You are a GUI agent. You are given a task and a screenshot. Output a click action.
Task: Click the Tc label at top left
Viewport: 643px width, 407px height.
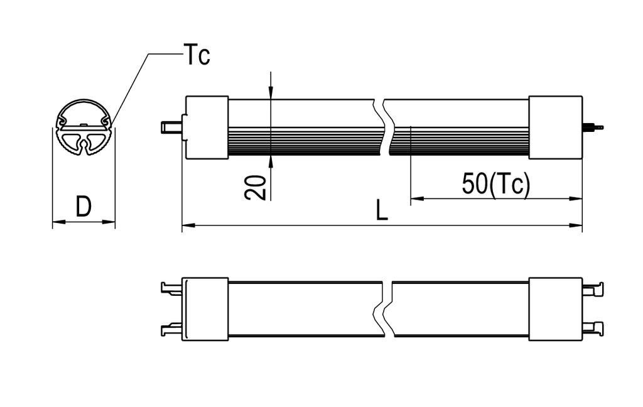pos(197,55)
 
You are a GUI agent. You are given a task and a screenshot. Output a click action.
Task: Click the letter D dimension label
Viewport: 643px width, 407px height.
pos(84,206)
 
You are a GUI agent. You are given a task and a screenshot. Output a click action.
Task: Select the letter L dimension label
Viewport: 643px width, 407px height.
pos(382,211)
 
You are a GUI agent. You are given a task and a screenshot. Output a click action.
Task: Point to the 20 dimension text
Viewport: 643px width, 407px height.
pos(256,187)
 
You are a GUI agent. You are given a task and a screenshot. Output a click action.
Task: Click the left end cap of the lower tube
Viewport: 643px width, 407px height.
pos(205,309)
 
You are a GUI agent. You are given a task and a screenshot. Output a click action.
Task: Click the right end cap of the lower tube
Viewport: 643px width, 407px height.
pos(555,309)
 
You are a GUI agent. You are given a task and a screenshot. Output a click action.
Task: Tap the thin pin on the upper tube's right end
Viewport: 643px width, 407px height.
pos(593,128)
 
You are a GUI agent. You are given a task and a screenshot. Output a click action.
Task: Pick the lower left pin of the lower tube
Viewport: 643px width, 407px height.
pos(170,328)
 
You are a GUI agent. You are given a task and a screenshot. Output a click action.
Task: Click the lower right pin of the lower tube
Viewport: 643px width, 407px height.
pos(593,327)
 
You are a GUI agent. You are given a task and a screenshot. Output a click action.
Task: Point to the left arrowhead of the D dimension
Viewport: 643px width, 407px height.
pos(57,221)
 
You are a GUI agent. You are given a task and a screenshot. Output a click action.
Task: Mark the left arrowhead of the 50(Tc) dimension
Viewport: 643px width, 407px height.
pos(416,199)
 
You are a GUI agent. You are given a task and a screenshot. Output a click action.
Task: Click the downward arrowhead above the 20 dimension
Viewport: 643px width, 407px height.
pos(270,94)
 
